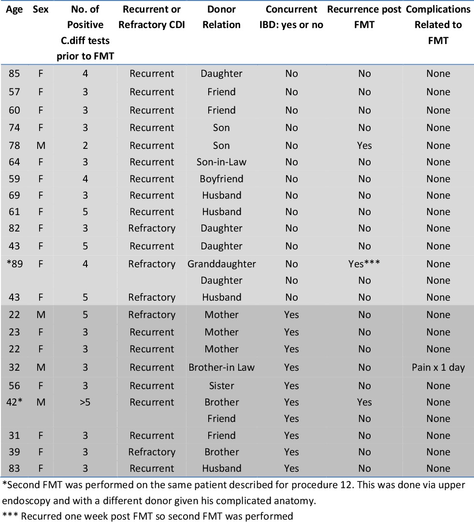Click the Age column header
pyautogui.click(x=14, y=9)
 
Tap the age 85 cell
pyautogui.click(x=14, y=73)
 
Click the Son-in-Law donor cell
pyautogui.click(x=221, y=162)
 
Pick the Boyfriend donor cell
pyautogui.click(x=221, y=179)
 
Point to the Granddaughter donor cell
pyautogui.click(x=221, y=264)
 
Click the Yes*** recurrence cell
pyautogui.click(x=364, y=264)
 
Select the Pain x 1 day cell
pyautogui.click(x=438, y=367)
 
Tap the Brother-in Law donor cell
pyautogui.click(x=221, y=367)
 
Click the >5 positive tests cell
pyautogui.click(x=85, y=402)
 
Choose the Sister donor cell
pyautogui.click(x=221, y=386)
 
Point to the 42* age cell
pyautogui.click(x=15, y=402)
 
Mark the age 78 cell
pyautogui.click(x=14, y=145)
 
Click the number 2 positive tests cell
pyautogui.click(x=85, y=145)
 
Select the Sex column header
pyautogui.click(x=41, y=9)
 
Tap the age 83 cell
pyautogui.click(x=14, y=468)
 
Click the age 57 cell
pyautogui.click(x=14, y=92)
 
